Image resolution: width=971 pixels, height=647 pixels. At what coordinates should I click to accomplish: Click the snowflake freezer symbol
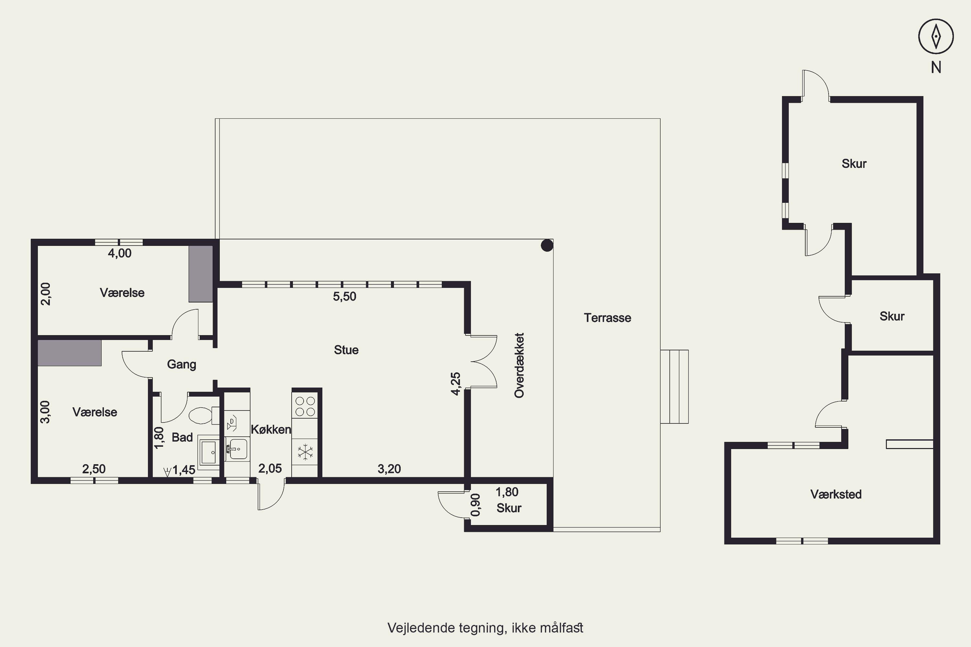[305, 452]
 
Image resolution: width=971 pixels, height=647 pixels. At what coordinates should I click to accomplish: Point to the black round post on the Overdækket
[547, 246]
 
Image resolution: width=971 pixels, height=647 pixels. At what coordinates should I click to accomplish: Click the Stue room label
[346, 350]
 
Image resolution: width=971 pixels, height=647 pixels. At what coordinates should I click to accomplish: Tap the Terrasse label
[607, 318]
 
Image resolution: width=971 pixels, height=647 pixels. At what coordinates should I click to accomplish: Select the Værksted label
[836, 494]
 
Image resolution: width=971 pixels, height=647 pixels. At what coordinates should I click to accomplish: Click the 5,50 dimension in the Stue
[344, 296]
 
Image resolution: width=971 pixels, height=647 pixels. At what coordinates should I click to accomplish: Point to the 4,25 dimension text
[455, 384]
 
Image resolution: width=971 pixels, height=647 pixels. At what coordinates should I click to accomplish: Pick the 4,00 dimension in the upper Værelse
[120, 253]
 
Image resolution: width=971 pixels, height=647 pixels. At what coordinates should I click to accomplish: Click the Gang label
[181, 364]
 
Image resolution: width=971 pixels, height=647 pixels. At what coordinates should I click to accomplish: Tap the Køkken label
[271, 430]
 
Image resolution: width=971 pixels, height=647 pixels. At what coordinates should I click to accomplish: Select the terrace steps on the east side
[674, 387]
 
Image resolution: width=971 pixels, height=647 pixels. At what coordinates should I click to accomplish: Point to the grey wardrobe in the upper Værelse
[201, 274]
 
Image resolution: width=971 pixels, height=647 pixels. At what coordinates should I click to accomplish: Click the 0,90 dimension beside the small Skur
[475, 505]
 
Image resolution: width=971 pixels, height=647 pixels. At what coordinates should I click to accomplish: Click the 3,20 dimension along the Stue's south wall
[389, 469]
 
